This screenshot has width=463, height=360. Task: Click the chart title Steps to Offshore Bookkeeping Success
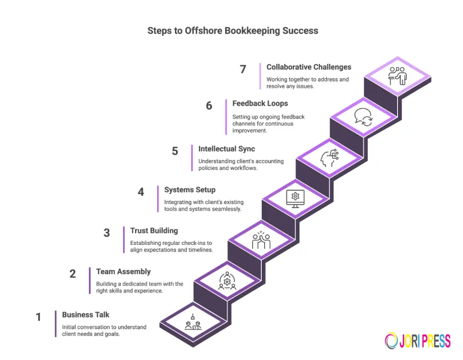(x=233, y=30)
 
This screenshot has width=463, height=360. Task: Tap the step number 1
(x=38, y=317)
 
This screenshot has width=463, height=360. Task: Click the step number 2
(x=72, y=274)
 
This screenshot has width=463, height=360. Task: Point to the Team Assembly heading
(x=123, y=272)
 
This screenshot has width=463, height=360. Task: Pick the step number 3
(x=106, y=233)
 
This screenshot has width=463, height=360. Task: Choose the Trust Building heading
(x=154, y=231)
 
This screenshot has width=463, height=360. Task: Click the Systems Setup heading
(x=189, y=190)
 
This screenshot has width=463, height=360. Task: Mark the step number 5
(x=175, y=151)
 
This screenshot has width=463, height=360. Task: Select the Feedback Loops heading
(x=260, y=103)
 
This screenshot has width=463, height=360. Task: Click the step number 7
(x=243, y=69)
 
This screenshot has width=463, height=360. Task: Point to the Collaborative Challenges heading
(x=309, y=67)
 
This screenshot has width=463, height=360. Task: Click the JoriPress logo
(x=418, y=341)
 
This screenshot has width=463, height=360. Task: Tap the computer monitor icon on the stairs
(x=295, y=197)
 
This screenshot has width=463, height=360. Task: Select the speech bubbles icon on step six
(x=363, y=116)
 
